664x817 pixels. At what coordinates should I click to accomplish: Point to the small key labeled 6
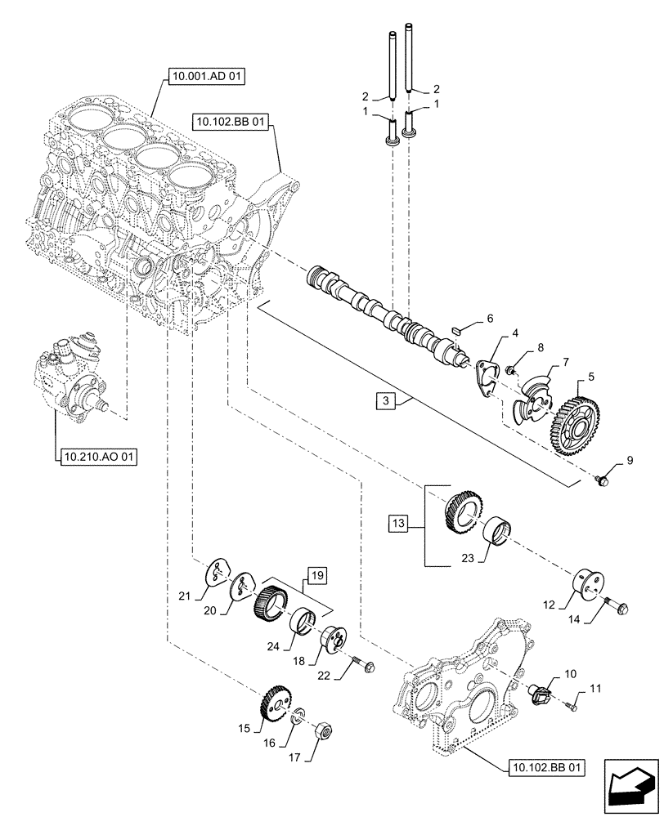(459, 330)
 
